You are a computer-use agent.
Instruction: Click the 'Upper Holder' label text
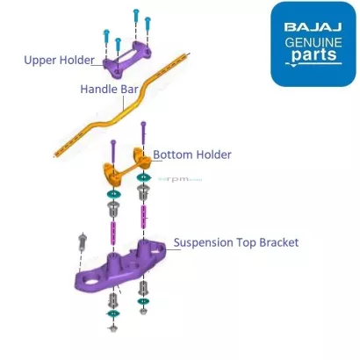59,61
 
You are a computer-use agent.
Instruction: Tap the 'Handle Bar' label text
109,89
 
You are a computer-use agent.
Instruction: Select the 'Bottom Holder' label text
192,155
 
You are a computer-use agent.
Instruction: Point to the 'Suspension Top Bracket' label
236,242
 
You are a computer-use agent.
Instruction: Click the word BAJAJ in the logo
313,27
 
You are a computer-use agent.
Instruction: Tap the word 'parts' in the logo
314,54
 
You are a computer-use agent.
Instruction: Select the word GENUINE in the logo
313,42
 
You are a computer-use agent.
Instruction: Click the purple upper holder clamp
126,60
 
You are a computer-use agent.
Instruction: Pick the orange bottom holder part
126,166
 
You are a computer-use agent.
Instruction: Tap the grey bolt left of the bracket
83,241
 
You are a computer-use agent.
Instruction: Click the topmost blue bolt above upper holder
136,16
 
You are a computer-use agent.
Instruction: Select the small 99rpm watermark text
180,179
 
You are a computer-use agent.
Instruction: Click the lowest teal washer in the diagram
113,313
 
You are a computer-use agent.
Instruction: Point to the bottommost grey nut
113,328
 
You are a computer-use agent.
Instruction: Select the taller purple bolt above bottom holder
143,133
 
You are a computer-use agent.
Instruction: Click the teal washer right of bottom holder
143,176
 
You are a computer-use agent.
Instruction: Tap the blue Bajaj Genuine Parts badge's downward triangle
294,66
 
